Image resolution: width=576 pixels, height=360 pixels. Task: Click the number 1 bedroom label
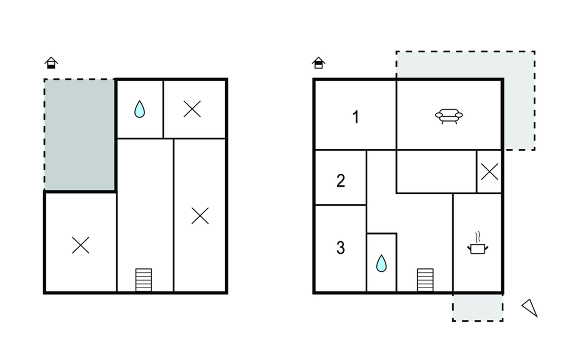point(356,117)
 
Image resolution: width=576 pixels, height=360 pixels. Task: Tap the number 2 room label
point(340,181)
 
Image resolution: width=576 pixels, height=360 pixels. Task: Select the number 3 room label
point(340,248)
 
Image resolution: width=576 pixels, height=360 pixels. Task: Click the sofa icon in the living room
point(449,116)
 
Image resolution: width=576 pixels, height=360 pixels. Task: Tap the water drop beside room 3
point(381,263)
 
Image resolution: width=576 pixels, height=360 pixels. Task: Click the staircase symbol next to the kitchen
point(425,280)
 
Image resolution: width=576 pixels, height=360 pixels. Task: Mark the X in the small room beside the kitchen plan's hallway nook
point(489,172)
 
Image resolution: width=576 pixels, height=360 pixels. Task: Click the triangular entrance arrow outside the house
point(530,307)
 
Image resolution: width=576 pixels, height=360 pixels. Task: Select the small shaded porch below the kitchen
point(478,308)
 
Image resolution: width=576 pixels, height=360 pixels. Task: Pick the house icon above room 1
point(318,63)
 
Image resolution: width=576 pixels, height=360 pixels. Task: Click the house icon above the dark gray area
point(51,63)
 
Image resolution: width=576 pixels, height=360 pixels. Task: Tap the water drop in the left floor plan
point(139,109)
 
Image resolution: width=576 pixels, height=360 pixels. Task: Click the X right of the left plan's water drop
point(192,109)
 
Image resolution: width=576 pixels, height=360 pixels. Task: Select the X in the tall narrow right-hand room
point(200,216)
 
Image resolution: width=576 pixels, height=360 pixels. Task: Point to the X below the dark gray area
point(81,245)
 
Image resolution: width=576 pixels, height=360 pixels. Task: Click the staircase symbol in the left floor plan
point(143,280)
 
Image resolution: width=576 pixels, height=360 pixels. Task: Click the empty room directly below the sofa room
point(436,172)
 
